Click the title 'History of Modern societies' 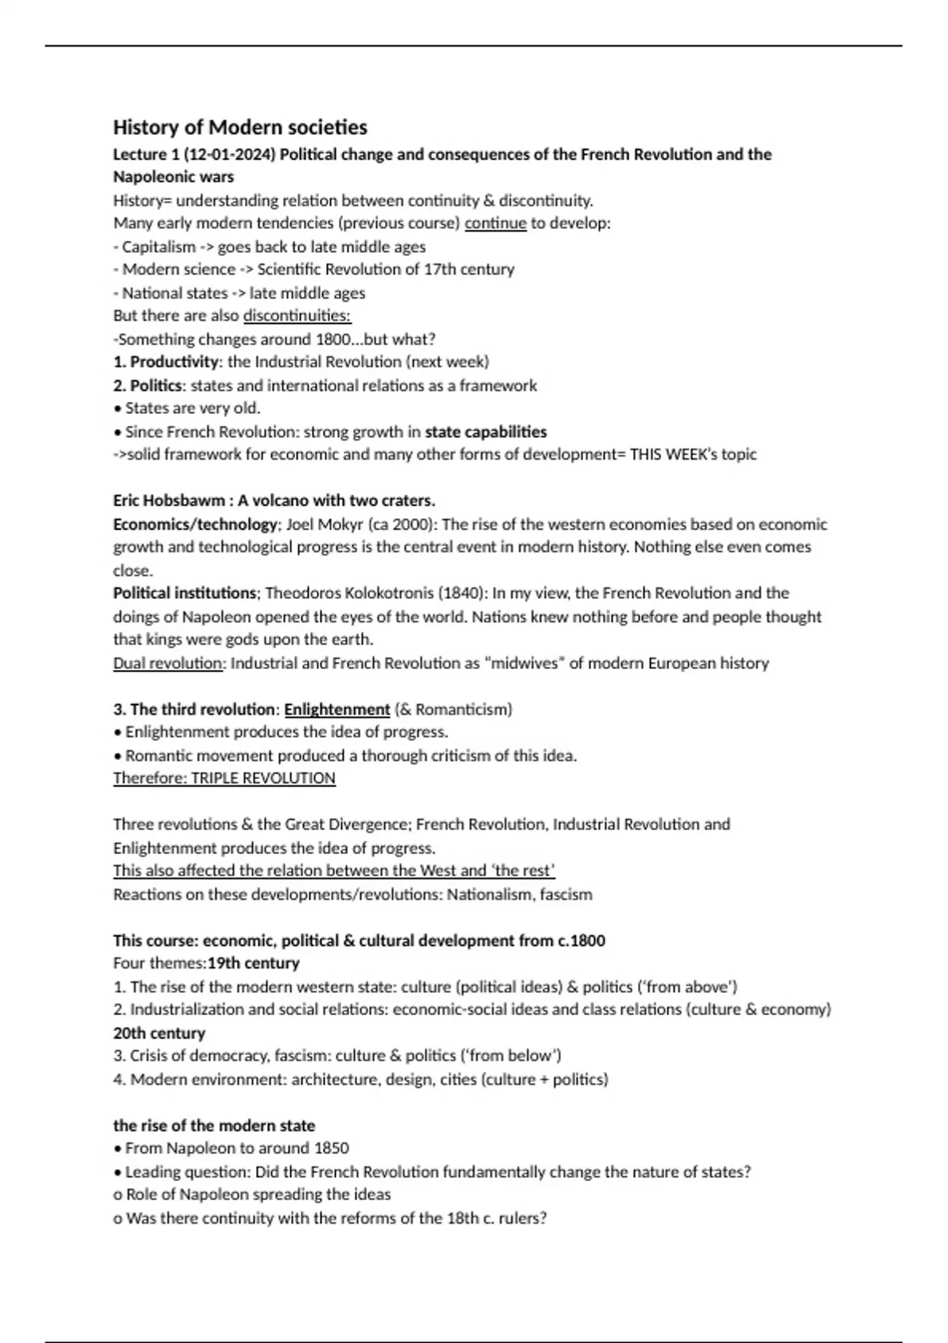(x=240, y=127)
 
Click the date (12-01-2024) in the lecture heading (x=229, y=154)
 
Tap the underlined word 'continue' (x=495, y=223)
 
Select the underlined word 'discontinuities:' (x=297, y=316)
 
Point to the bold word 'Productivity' (x=174, y=362)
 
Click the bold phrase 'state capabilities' (x=486, y=431)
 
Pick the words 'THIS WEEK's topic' (x=693, y=454)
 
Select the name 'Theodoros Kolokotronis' (x=349, y=593)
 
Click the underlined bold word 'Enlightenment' (x=337, y=709)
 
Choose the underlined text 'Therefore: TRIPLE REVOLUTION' (x=224, y=778)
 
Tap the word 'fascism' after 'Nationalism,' (x=566, y=894)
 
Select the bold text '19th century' (x=254, y=963)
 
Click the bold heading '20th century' (x=159, y=1033)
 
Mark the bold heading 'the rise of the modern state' (x=214, y=1125)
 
